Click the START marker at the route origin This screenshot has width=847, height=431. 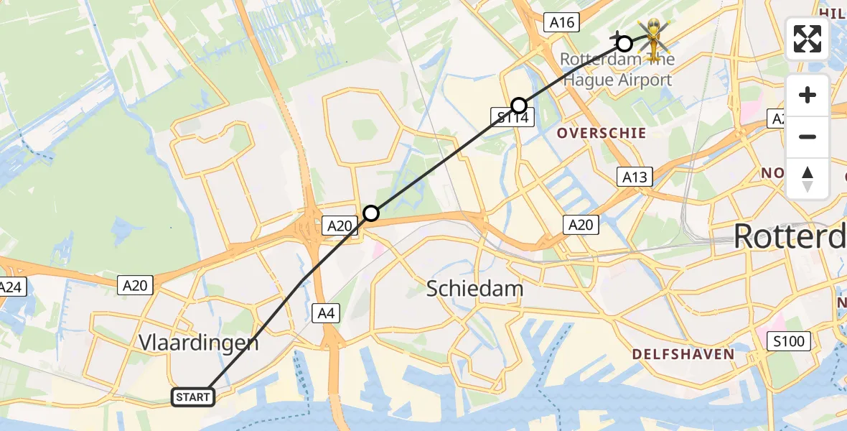[193, 397]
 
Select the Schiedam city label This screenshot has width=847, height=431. [474, 289]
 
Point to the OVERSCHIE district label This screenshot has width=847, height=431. [601, 133]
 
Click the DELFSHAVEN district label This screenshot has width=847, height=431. [683, 354]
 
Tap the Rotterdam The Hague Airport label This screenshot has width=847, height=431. [617, 70]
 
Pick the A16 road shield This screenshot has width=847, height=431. [561, 23]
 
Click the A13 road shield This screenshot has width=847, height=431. [635, 177]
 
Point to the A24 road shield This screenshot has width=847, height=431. [10, 287]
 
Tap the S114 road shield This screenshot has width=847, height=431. [513, 117]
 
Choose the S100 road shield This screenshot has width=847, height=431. [790, 340]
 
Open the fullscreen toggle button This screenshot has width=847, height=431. [808, 39]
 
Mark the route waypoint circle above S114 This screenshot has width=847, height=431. [519, 106]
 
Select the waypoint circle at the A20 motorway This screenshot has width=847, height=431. [370, 213]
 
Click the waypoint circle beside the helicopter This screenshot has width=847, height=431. [624, 43]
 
